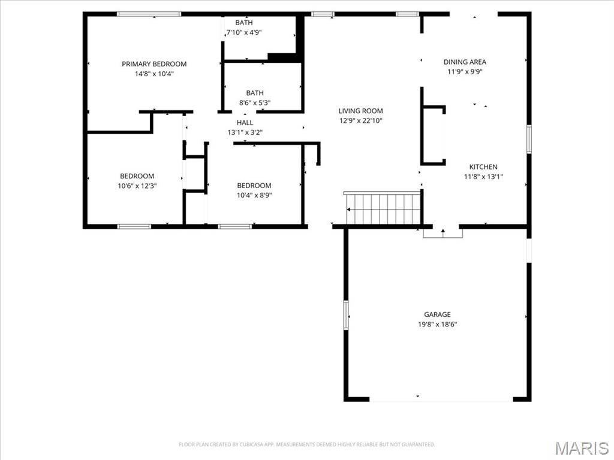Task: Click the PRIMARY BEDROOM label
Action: tap(154, 63)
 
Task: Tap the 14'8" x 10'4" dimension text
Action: tap(154, 74)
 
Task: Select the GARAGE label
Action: tap(437, 314)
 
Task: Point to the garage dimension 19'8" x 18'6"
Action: tap(437, 324)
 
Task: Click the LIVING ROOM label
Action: tap(360, 111)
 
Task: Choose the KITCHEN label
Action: tap(483, 167)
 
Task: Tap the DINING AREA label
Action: tap(465, 62)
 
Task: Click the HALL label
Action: tap(245, 122)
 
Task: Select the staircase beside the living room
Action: tap(383, 208)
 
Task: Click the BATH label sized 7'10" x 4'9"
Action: tap(244, 23)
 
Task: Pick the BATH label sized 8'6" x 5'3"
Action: tap(255, 93)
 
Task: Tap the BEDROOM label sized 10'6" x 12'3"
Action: tap(137, 176)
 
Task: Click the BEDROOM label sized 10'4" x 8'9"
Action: tap(254, 186)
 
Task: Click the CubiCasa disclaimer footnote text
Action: tap(306, 444)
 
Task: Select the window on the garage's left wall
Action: tap(346, 315)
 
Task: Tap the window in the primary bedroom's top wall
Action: tap(149, 14)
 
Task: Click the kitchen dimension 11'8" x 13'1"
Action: tap(483, 177)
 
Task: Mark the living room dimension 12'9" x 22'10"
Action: tap(360, 120)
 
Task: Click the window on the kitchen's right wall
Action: tap(529, 139)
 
